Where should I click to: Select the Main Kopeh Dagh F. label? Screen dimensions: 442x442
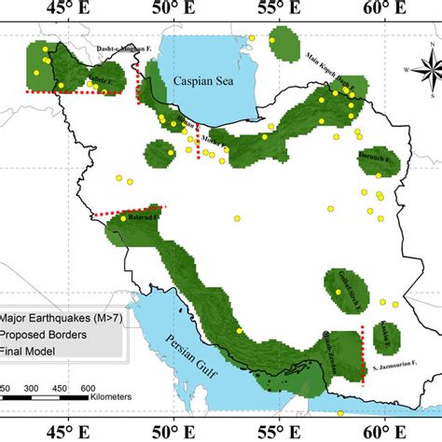click(332, 69)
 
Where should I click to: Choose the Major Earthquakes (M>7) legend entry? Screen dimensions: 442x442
click(51, 317)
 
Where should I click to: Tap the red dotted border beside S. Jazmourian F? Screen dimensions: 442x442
click(363, 359)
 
